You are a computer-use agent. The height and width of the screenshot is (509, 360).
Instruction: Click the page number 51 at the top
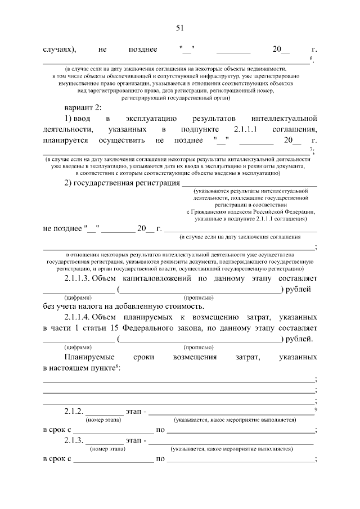pyautogui.click(x=180, y=28)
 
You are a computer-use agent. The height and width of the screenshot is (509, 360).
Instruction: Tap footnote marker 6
pyautogui.click(x=311, y=58)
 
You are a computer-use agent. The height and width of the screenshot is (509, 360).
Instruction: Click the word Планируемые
pyautogui.click(x=89, y=357)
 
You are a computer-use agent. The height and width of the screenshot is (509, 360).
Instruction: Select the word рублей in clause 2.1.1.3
pyautogui.click(x=300, y=289)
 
